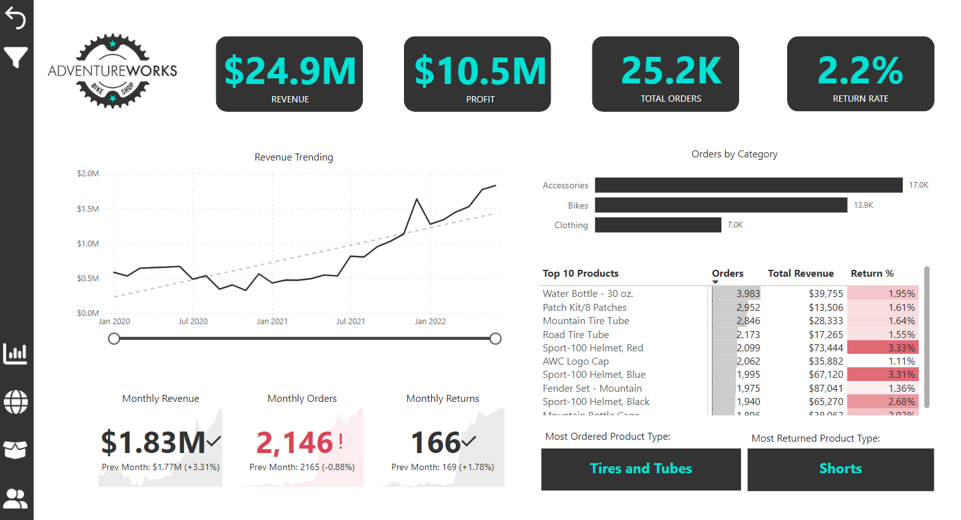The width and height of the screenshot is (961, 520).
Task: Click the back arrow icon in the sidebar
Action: [x=15, y=19]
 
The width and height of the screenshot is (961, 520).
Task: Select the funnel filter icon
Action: [x=15, y=57]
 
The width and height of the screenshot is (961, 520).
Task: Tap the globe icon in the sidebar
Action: [x=16, y=402]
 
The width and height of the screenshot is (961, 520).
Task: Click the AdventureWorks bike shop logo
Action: [x=113, y=71]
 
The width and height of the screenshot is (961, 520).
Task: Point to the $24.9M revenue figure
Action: [x=290, y=71]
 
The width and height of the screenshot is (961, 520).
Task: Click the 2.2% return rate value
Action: [x=860, y=70]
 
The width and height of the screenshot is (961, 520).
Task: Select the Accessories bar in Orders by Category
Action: [x=748, y=185]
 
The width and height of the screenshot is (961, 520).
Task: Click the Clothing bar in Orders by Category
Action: [x=658, y=225]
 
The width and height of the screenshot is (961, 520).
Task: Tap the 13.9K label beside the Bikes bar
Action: [x=863, y=205]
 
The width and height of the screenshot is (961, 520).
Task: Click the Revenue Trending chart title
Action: [x=293, y=157]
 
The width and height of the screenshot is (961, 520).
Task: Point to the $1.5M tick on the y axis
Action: [x=88, y=209]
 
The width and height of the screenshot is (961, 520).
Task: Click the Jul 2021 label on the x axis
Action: [x=350, y=322]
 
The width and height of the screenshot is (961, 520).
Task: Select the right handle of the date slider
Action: [x=496, y=339]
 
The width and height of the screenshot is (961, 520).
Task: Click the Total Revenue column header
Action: [x=800, y=274]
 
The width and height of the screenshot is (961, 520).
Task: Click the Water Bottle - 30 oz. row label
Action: [x=587, y=294]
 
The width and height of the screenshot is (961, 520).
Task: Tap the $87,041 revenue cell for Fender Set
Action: [x=825, y=389]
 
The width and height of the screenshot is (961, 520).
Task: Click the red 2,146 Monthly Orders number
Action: [x=295, y=443]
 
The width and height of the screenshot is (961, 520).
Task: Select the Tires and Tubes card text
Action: [x=640, y=469]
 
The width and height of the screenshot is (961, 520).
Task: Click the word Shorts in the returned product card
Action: [x=840, y=469]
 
